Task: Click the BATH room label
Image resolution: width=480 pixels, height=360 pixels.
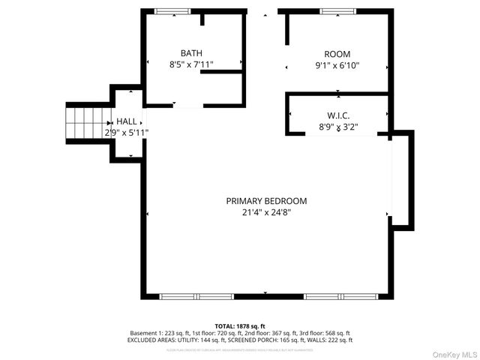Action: coord(191,53)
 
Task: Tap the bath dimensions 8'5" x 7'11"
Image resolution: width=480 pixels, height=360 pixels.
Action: coord(191,64)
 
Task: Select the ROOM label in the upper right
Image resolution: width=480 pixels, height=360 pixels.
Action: coord(337,54)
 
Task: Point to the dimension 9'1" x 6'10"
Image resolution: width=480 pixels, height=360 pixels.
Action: coord(337,65)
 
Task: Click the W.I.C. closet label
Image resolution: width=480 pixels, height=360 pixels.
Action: coord(338,115)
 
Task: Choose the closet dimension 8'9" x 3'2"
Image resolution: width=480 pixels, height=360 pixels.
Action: coord(338,127)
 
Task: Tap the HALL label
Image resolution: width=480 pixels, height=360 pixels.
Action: coord(127,121)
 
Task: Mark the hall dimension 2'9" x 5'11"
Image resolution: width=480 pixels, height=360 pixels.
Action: coord(126,133)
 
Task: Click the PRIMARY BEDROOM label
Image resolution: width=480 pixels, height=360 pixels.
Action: coord(267,201)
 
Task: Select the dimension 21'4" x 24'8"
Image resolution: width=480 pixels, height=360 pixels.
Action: coord(267,212)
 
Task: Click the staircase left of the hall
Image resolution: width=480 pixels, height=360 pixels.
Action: coord(88,122)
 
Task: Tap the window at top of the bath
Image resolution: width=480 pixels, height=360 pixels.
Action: coord(172,10)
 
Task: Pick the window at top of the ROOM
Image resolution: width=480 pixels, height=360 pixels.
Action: coord(338,10)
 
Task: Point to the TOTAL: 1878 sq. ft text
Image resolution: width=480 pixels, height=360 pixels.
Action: coord(240,326)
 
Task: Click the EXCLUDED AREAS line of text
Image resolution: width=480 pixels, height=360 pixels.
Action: coord(240,340)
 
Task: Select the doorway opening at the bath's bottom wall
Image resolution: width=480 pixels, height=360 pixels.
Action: coord(188,105)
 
